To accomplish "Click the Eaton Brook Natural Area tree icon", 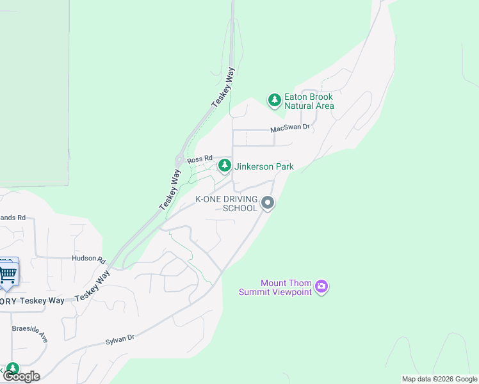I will pyautogui.click(x=275, y=100).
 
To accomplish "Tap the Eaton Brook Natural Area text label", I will pyautogui.click(x=309, y=101).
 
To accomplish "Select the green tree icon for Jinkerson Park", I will pyautogui.click(x=224, y=166).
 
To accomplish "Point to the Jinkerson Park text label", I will pyautogui.click(x=264, y=166).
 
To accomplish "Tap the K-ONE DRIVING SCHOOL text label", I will pyautogui.click(x=226, y=204).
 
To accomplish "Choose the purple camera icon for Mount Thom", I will pyautogui.click(x=321, y=287).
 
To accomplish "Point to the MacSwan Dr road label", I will pyautogui.click(x=289, y=128).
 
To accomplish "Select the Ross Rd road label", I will pyautogui.click(x=200, y=159).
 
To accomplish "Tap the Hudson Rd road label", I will pyautogui.click(x=88, y=259).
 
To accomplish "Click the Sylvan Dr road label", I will pyautogui.click(x=120, y=339).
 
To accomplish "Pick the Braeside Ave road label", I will pyautogui.click(x=29, y=335).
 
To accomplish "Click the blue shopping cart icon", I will pyautogui.click(x=8, y=273).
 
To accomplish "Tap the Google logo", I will pyautogui.click(x=20, y=376).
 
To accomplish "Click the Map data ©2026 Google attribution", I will pyautogui.click(x=439, y=379).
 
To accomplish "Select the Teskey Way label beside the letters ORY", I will pyautogui.click(x=42, y=301).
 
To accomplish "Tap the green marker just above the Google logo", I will pyautogui.click(x=12, y=369).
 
